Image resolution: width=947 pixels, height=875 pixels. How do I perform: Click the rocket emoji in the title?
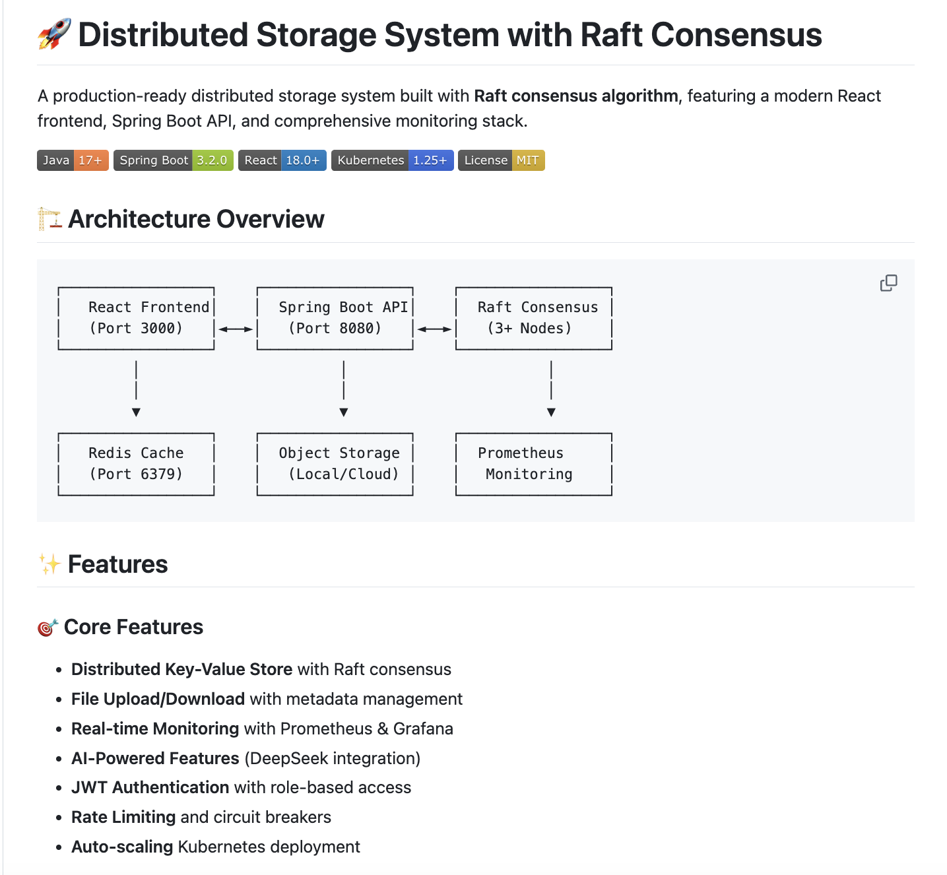pyautogui.click(x=54, y=34)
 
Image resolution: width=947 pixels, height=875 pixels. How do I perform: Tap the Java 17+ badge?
pyautogui.click(x=73, y=160)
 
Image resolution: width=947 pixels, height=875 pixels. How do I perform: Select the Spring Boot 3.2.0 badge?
pyautogui.click(x=173, y=160)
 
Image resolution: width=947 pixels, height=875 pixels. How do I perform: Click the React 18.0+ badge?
pyautogui.click(x=282, y=160)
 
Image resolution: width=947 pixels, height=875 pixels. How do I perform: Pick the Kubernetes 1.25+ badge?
pyautogui.click(x=392, y=160)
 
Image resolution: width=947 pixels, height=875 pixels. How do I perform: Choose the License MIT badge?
pyautogui.click(x=501, y=160)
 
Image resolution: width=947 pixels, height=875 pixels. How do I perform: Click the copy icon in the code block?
pyautogui.click(x=888, y=283)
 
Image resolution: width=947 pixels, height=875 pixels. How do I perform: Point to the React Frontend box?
pyautogui.click(x=136, y=318)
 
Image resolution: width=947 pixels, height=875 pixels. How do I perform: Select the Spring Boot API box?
pyautogui.click(x=335, y=318)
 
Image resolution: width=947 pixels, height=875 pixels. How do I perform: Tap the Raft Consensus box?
pyautogui.click(x=533, y=318)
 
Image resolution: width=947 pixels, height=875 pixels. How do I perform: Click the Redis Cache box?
pyautogui.click(x=136, y=464)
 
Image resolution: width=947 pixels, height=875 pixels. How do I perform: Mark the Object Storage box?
pyautogui.click(x=335, y=464)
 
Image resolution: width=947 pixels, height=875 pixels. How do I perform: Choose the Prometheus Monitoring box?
pyautogui.click(x=533, y=464)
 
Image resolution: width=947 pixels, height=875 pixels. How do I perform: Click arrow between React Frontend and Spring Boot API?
pyautogui.click(x=236, y=329)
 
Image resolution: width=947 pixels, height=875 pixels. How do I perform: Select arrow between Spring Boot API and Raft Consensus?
pyautogui.click(x=434, y=329)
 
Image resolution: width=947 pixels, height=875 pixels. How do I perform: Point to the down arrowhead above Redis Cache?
pyautogui.click(x=136, y=412)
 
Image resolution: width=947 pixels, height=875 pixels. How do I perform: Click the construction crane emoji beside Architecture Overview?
pyautogui.click(x=49, y=219)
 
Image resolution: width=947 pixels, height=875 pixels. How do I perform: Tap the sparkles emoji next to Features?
pyautogui.click(x=49, y=564)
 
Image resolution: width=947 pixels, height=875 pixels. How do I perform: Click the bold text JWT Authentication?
pyautogui.click(x=150, y=787)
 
